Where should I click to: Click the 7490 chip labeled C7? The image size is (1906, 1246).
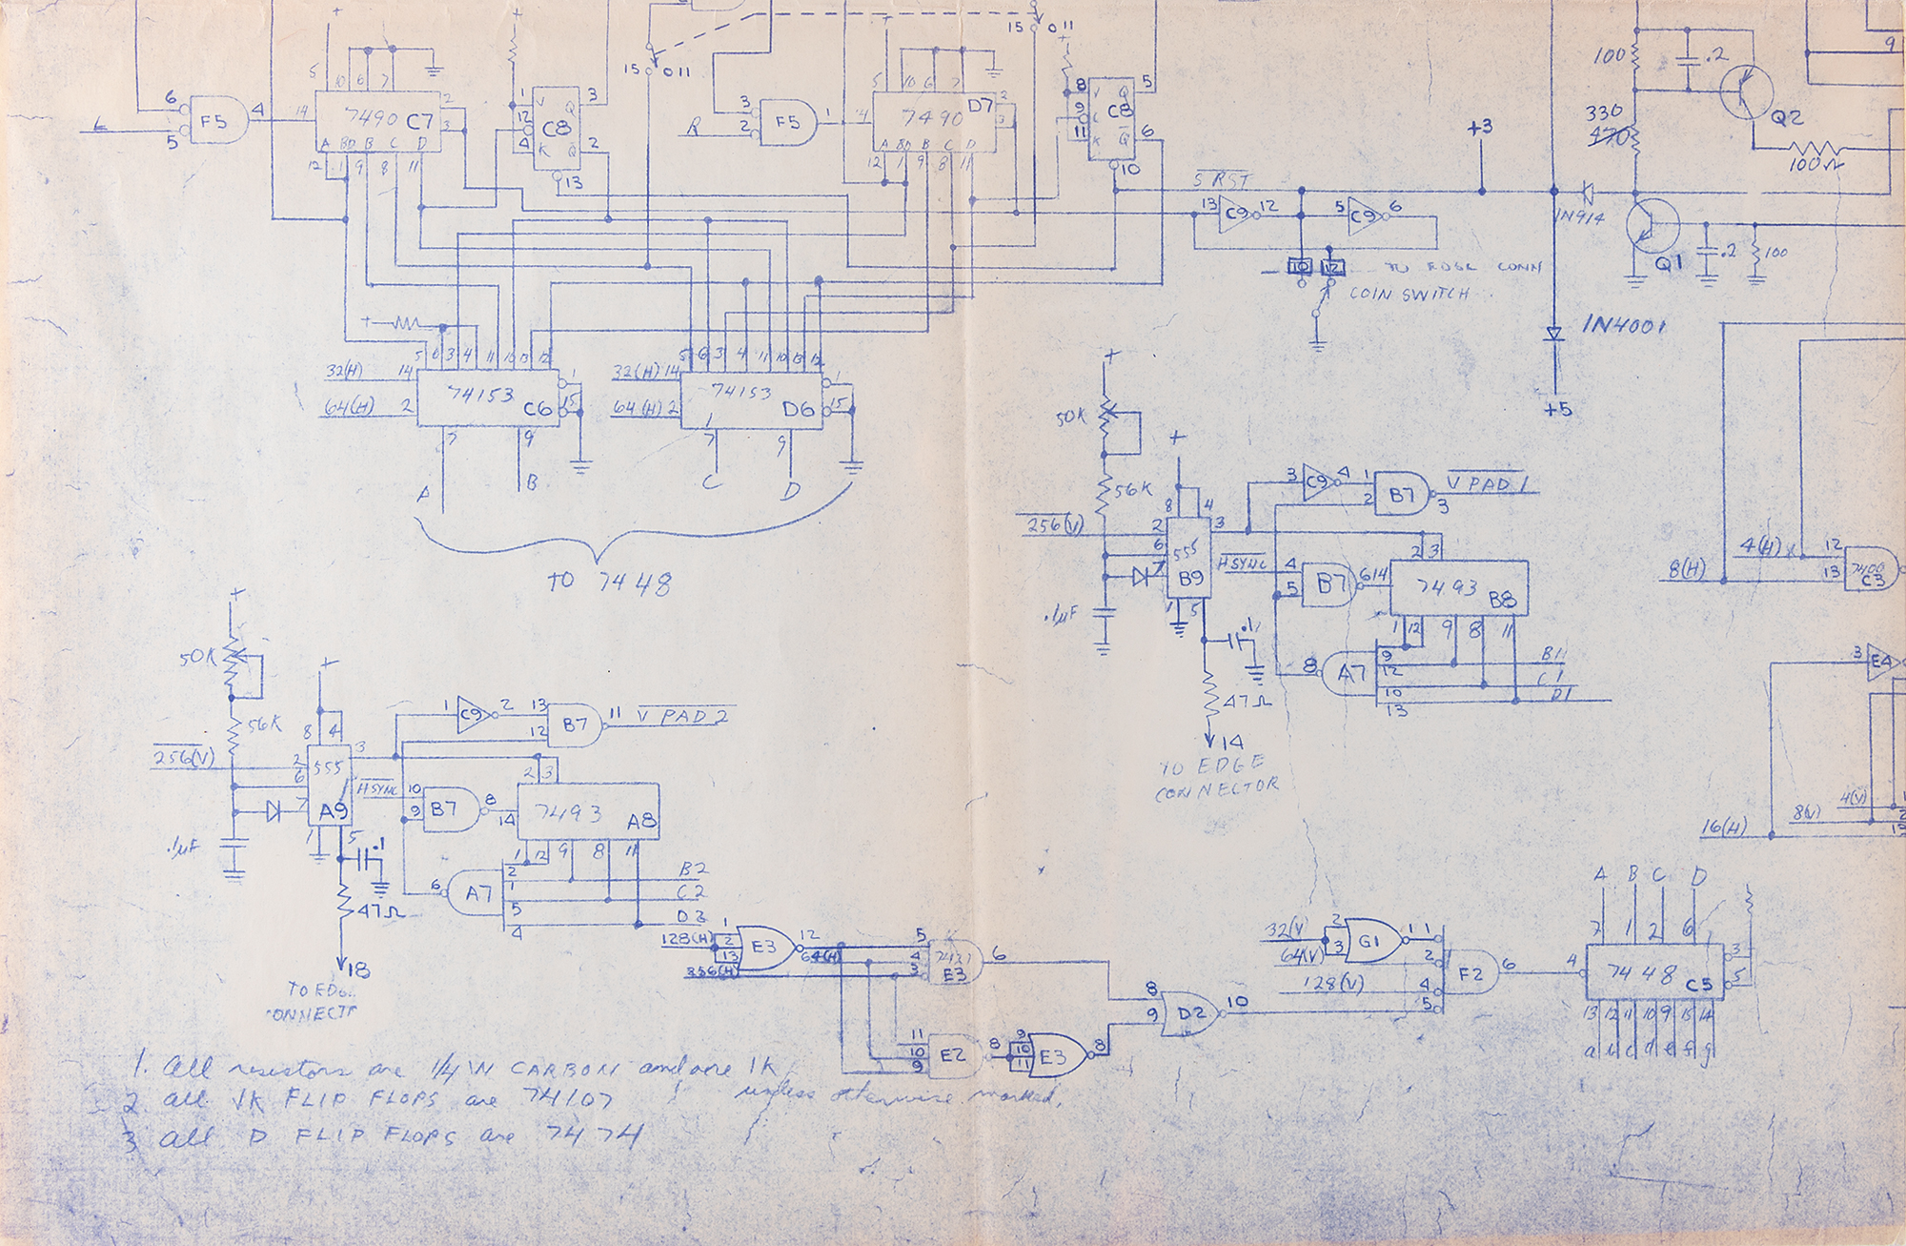379,121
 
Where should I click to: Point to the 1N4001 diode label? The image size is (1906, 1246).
1625,325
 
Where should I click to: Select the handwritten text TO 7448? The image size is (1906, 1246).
609,581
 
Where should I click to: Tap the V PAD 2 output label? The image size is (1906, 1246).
679,717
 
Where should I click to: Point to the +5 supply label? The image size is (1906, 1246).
1557,409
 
